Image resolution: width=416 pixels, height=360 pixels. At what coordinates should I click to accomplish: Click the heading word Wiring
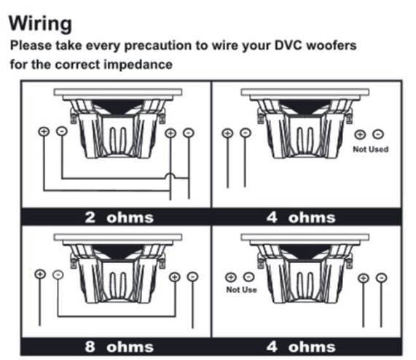(40, 24)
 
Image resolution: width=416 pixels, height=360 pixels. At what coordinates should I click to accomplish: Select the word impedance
(138, 64)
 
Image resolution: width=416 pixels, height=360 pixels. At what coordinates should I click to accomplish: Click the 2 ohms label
(119, 217)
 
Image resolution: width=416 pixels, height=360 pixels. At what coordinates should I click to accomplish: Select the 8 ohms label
(119, 347)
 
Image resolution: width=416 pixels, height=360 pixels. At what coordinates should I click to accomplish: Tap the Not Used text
(370, 149)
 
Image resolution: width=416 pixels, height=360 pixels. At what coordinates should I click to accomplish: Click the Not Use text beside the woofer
(241, 289)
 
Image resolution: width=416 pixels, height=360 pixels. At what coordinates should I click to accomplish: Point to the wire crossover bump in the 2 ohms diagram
(170, 176)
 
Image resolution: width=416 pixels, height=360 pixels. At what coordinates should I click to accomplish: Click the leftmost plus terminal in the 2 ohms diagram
(44, 131)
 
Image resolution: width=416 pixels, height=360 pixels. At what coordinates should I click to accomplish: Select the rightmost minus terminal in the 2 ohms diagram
(189, 133)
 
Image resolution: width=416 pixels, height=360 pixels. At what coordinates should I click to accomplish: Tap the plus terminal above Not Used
(360, 134)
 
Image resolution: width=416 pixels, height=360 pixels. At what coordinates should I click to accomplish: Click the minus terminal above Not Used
(378, 134)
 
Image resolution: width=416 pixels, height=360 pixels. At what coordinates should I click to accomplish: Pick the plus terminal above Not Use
(230, 277)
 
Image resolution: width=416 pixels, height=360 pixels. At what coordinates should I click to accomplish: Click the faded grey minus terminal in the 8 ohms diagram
(58, 274)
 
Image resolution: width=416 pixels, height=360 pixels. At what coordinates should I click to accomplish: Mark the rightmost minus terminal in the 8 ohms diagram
(192, 277)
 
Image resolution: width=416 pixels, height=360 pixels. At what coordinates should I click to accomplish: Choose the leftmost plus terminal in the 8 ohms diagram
(40, 274)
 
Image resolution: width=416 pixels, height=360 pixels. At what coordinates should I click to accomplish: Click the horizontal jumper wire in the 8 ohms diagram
(117, 316)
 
